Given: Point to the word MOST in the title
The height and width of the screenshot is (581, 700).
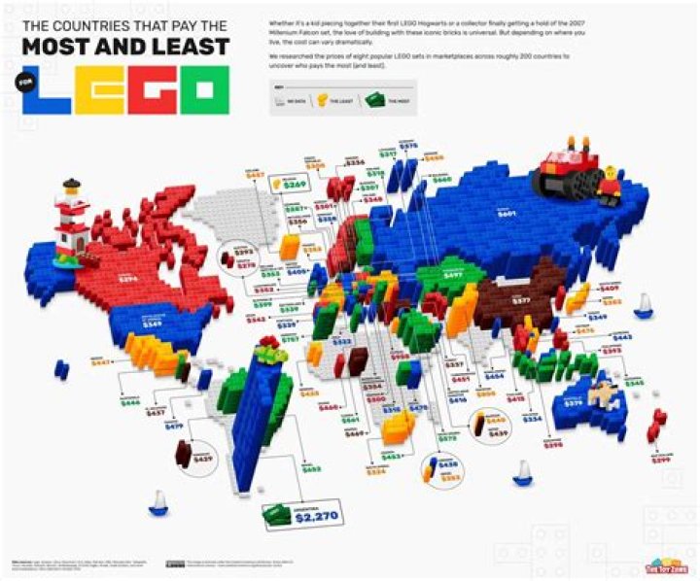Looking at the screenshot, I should click(x=63, y=46).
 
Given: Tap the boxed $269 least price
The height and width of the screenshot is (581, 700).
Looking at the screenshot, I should click(x=295, y=183).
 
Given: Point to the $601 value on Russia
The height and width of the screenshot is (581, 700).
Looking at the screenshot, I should click(x=507, y=213).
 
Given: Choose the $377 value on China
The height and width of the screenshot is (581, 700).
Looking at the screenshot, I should click(x=520, y=301).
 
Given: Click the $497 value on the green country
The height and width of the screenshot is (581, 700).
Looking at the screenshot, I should click(x=453, y=275).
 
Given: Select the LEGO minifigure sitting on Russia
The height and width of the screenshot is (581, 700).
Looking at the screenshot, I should click(x=610, y=185).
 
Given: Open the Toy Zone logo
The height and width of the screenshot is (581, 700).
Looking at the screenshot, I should click(x=666, y=565).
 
